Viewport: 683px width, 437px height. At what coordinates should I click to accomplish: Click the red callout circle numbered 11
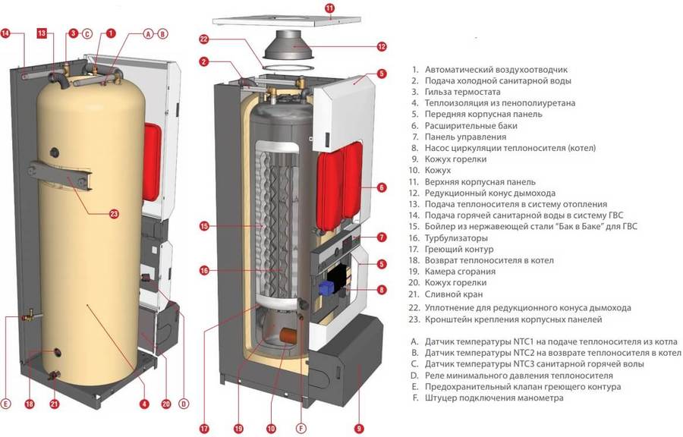point(329,8)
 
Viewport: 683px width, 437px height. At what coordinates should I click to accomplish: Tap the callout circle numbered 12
point(382,46)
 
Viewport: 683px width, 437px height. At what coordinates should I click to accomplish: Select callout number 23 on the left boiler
point(114,214)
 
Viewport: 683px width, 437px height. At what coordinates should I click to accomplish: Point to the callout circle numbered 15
point(204,226)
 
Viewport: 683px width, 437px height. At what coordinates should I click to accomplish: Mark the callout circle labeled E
point(7,403)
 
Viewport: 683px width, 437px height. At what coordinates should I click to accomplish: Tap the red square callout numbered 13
point(42,33)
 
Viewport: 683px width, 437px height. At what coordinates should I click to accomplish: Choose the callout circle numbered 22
point(204,39)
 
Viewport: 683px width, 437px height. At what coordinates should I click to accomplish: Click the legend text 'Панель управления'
point(465,137)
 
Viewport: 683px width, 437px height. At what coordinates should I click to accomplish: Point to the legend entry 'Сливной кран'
point(455,294)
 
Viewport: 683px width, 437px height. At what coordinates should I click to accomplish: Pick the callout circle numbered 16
point(204,270)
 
